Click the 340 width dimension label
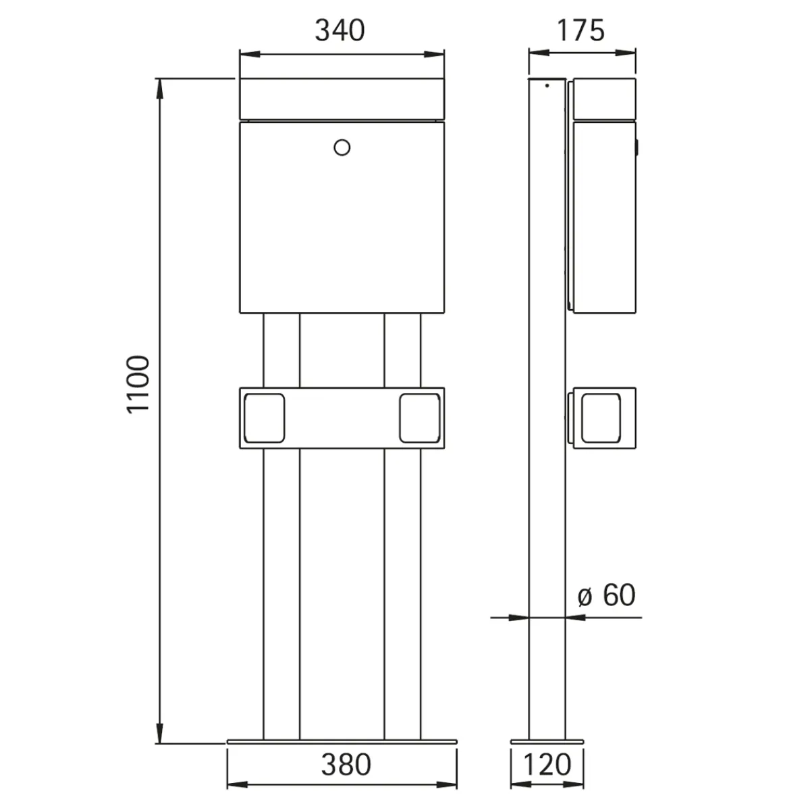pos(340,30)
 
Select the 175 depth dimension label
pos(581,30)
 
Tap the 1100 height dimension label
pos(138,384)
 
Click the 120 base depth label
pos(547,765)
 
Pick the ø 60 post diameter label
pos(607,595)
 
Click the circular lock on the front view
pos(342,147)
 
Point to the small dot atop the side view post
pos(547,86)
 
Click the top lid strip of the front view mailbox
pos(342,99)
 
